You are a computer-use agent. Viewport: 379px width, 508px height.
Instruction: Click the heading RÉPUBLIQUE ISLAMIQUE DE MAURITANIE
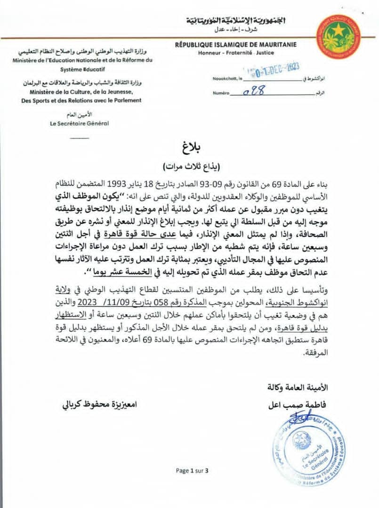click(235, 45)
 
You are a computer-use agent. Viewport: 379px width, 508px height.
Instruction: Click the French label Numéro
click(220, 94)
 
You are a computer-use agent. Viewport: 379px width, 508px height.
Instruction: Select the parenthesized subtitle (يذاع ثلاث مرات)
click(190, 167)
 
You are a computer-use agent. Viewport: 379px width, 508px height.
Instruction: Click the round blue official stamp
click(308, 444)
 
